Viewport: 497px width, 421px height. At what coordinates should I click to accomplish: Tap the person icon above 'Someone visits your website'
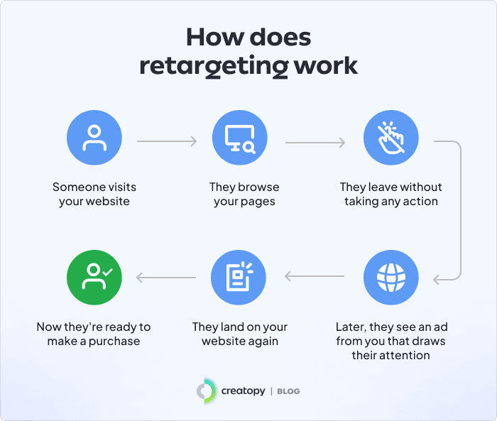pos(94,139)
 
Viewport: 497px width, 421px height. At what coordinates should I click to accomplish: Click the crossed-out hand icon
pos(390,139)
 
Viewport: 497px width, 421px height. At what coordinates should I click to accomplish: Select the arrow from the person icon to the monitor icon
pos(167,142)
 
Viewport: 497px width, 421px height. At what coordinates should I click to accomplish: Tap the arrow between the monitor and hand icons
pos(315,142)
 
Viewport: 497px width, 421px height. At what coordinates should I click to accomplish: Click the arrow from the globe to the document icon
pos(315,276)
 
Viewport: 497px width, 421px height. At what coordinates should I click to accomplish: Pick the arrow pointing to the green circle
pos(167,276)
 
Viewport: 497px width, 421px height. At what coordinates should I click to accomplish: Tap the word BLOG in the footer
pos(288,391)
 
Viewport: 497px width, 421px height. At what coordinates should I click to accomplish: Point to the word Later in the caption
pos(351,327)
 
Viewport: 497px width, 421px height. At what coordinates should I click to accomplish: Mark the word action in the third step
pos(420,202)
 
